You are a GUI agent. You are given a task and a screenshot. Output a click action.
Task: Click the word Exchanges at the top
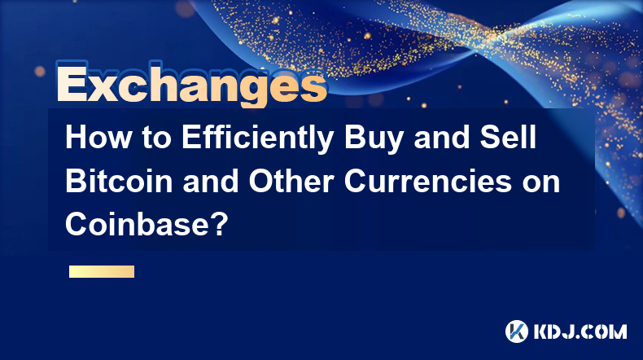coord(191,84)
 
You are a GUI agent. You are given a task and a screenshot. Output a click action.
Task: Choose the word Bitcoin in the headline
coord(119,181)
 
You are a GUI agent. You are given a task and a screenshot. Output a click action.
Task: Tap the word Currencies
coord(427,181)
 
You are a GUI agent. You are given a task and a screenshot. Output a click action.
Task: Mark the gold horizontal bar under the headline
coord(102,271)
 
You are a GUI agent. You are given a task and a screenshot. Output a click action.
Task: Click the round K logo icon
coord(517,331)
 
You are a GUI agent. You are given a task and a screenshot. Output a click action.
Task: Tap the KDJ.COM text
coord(580,331)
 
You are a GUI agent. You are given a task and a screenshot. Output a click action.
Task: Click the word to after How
coord(156,138)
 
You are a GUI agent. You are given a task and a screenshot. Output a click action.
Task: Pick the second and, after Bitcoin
coord(210,181)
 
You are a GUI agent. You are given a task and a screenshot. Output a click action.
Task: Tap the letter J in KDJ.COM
coord(567,331)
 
